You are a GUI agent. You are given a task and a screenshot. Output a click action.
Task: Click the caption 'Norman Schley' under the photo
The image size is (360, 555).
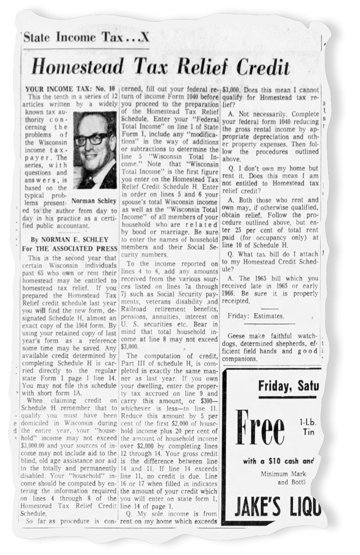pos(94,201)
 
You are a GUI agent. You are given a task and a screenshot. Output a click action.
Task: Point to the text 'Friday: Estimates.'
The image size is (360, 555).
pos(256,316)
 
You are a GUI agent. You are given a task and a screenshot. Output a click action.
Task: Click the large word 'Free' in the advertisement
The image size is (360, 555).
pos(261,428)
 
